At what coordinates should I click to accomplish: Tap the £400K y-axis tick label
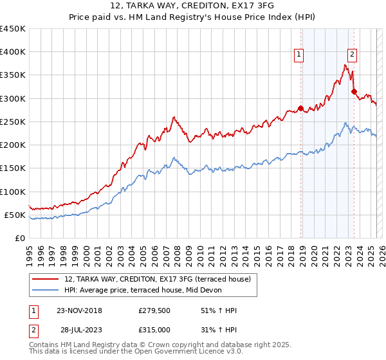point(12,52)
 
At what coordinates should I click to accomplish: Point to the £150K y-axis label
point(12,168)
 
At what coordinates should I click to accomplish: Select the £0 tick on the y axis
point(20,238)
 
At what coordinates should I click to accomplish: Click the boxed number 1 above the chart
point(300,55)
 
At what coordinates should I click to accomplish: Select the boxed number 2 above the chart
point(353,55)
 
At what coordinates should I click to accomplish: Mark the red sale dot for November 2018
point(300,108)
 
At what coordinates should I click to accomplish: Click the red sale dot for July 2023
point(354,92)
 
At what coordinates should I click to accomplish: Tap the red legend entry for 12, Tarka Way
point(161,279)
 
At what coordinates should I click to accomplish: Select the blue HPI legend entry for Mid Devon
point(142,291)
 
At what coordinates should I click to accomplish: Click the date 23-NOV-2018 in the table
point(79,310)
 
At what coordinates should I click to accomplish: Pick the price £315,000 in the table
point(154,329)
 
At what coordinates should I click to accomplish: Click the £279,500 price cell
point(154,310)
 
